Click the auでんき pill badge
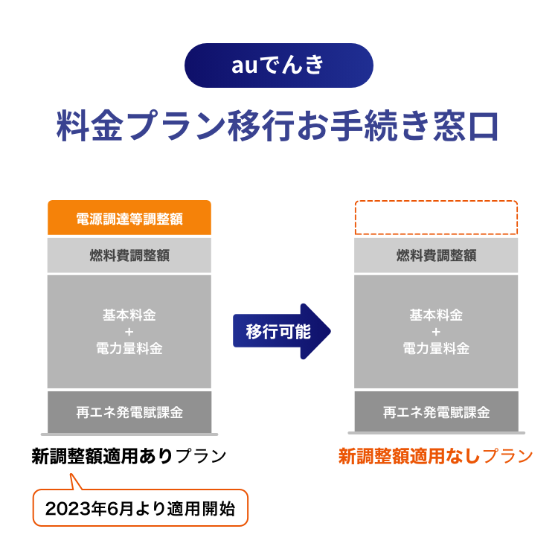279,65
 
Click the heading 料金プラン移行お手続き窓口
278,126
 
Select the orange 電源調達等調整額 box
129,217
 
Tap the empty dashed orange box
436,217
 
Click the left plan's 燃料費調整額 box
129,255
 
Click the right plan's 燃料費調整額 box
436,255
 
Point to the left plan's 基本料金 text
129,315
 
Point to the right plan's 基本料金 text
436,315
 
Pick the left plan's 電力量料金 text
129,348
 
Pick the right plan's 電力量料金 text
436,348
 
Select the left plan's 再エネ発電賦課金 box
129,412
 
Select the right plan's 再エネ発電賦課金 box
436,412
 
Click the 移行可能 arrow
282,331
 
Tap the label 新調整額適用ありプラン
129,456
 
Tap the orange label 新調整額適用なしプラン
435,456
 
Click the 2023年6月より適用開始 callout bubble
140,507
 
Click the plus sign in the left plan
129,332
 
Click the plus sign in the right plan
436,332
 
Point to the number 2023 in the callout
68,509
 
